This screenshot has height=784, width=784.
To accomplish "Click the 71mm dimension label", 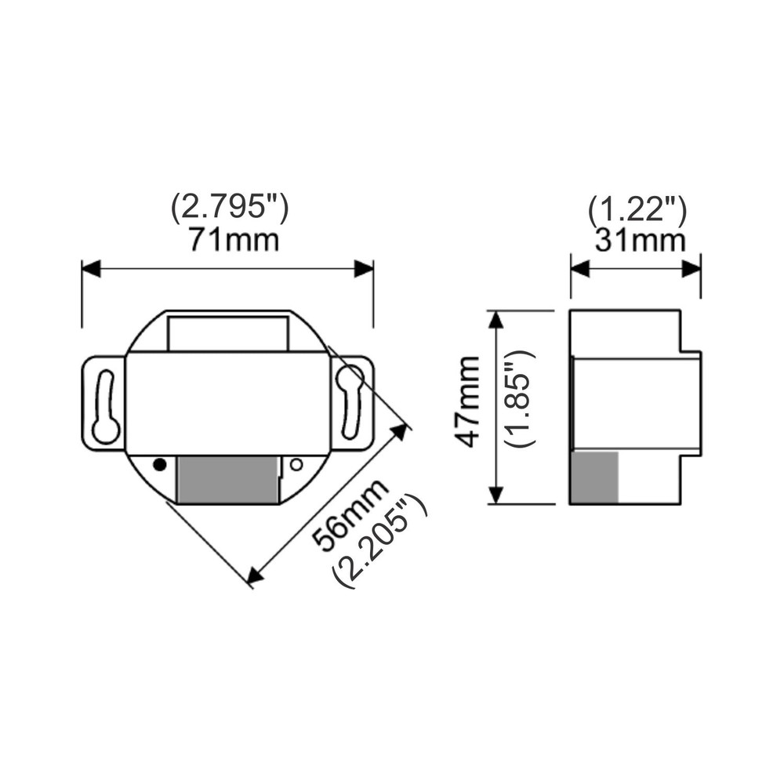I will point(233,239).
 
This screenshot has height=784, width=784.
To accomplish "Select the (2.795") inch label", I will point(230,208).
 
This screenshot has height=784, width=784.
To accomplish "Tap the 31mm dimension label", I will point(640,240).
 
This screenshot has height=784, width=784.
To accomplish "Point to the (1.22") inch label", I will point(637,209).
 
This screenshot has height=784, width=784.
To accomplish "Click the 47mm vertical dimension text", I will point(469,401).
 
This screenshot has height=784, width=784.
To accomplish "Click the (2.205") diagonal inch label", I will point(380,542).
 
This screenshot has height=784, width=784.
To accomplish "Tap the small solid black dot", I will point(159,464).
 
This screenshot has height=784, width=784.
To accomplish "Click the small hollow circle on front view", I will point(296,464).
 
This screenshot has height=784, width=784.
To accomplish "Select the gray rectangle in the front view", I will point(227,479).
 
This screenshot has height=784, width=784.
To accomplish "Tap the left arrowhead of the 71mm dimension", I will point(91,269).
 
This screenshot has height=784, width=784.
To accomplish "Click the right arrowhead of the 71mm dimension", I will point(364,269).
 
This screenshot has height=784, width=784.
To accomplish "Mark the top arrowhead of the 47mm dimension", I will point(495,320).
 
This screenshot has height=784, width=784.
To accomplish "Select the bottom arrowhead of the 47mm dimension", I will point(495,495).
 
